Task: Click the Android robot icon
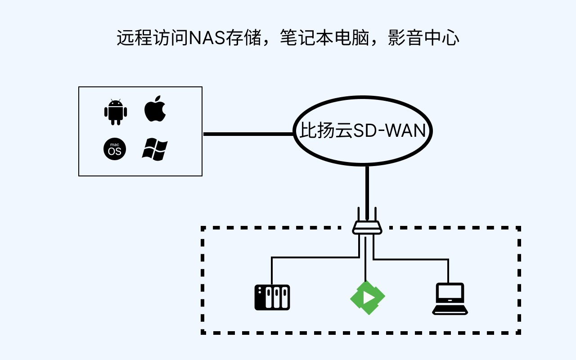tap(116, 112)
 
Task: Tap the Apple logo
tap(155, 109)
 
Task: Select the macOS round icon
tap(115, 149)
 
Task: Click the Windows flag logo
tap(155, 149)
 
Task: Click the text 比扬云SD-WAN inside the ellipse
tap(363, 131)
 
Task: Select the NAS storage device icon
tap(272, 297)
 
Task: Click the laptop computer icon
tap(450, 299)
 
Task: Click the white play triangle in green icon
tap(369, 298)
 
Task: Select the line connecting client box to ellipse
tap(247, 134)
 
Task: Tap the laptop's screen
tap(450, 293)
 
